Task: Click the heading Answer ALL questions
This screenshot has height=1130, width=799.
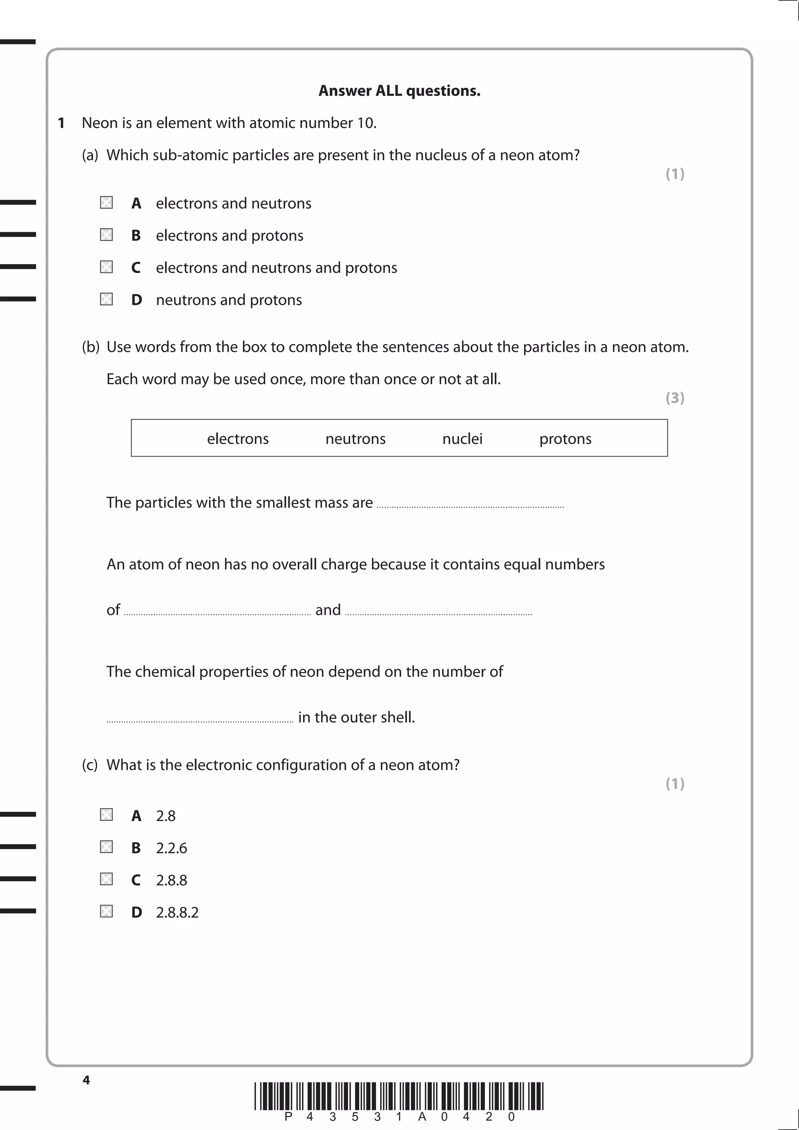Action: pyautogui.click(x=399, y=90)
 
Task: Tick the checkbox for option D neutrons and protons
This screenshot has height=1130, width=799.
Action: pyautogui.click(x=107, y=299)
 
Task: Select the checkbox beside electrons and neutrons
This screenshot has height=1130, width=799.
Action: pyautogui.click(x=107, y=203)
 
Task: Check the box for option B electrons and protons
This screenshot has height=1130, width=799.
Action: pyautogui.click(x=107, y=235)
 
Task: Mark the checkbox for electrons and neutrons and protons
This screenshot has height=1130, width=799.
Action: pyautogui.click(x=107, y=267)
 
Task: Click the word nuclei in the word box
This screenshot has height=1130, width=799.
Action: pyautogui.click(x=462, y=438)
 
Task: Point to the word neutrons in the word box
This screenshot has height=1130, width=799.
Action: pyautogui.click(x=355, y=438)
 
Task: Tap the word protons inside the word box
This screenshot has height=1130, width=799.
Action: pyautogui.click(x=565, y=438)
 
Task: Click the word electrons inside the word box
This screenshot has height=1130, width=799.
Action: pyautogui.click(x=238, y=438)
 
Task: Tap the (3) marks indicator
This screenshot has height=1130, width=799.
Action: pyautogui.click(x=675, y=398)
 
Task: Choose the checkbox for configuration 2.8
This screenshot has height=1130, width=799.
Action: pyautogui.click(x=107, y=815)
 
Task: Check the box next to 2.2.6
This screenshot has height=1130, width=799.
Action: pyautogui.click(x=107, y=847)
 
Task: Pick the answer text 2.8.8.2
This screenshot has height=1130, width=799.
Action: pyautogui.click(x=177, y=912)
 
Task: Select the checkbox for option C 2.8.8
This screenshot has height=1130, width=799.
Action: pyautogui.click(x=107, y=879)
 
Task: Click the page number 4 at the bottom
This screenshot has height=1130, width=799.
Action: pyautogui.click(x=86, y=1080)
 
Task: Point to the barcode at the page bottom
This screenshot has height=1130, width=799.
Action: pyautogui.click(x=399, y=1096)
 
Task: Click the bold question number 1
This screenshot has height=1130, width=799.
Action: pyautogui.click(x=61, y=123)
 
